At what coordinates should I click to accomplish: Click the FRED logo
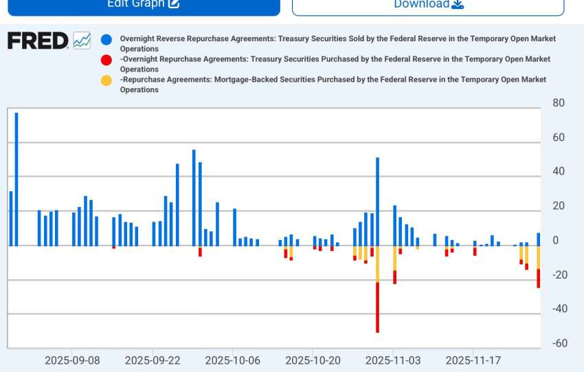click(38, 41)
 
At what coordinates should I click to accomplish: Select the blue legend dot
click(106, 39)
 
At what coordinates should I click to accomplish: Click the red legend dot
click(106, 60)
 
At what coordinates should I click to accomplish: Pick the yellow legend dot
click(106, 80)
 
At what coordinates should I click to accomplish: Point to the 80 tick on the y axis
click(558, 103)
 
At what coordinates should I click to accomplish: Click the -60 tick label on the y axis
click(559, 343)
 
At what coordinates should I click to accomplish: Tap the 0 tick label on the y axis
click(555, 241)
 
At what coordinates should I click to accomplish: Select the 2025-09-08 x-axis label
click(72, 360)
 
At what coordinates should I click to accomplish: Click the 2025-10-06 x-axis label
click(232, 360)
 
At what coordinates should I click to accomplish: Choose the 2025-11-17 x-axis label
click(473, 360)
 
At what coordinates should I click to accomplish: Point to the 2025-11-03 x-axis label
click(393, 360)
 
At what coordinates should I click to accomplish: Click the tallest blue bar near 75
click(16, 179)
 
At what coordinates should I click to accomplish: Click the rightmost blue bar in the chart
click(538, 239)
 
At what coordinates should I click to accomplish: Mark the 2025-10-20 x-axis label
click(313, 360)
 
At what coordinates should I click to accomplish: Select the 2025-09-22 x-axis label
click(153, 360)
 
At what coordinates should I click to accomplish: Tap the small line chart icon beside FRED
click(82, 41)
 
